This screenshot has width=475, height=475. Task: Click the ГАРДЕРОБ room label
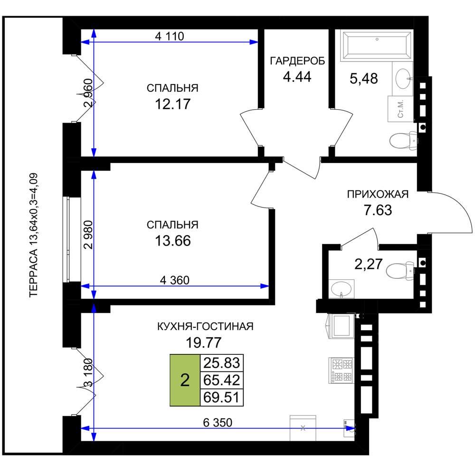tap(297, 61)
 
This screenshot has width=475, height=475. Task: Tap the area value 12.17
tap(173, 104)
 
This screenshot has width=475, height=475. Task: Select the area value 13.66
tap(173, 241)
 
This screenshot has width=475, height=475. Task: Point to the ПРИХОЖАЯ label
tap(378, 194)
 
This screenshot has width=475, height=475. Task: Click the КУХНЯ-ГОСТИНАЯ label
tap(205, 327)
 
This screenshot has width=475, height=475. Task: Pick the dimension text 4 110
tap(170, 37)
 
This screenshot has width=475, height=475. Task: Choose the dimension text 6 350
tap(218, 423)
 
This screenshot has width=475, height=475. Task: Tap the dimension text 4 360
tap(175, 280)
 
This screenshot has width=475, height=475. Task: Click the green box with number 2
tap(185, 380)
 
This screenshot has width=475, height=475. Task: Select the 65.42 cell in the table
tap(222, 380)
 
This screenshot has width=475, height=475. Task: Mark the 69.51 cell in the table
tap(222, 398)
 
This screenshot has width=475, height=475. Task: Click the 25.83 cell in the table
tap(222, 362)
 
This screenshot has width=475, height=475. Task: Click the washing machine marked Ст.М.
tap(400, 109)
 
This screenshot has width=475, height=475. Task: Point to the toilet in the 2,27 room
tap(400, 270)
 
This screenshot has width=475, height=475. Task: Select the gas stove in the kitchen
tap(341, 370)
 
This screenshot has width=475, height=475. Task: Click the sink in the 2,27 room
tap(342, 288)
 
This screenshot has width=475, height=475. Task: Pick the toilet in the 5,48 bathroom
tap(403, 140)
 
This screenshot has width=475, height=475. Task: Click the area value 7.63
tap(378, 210)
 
